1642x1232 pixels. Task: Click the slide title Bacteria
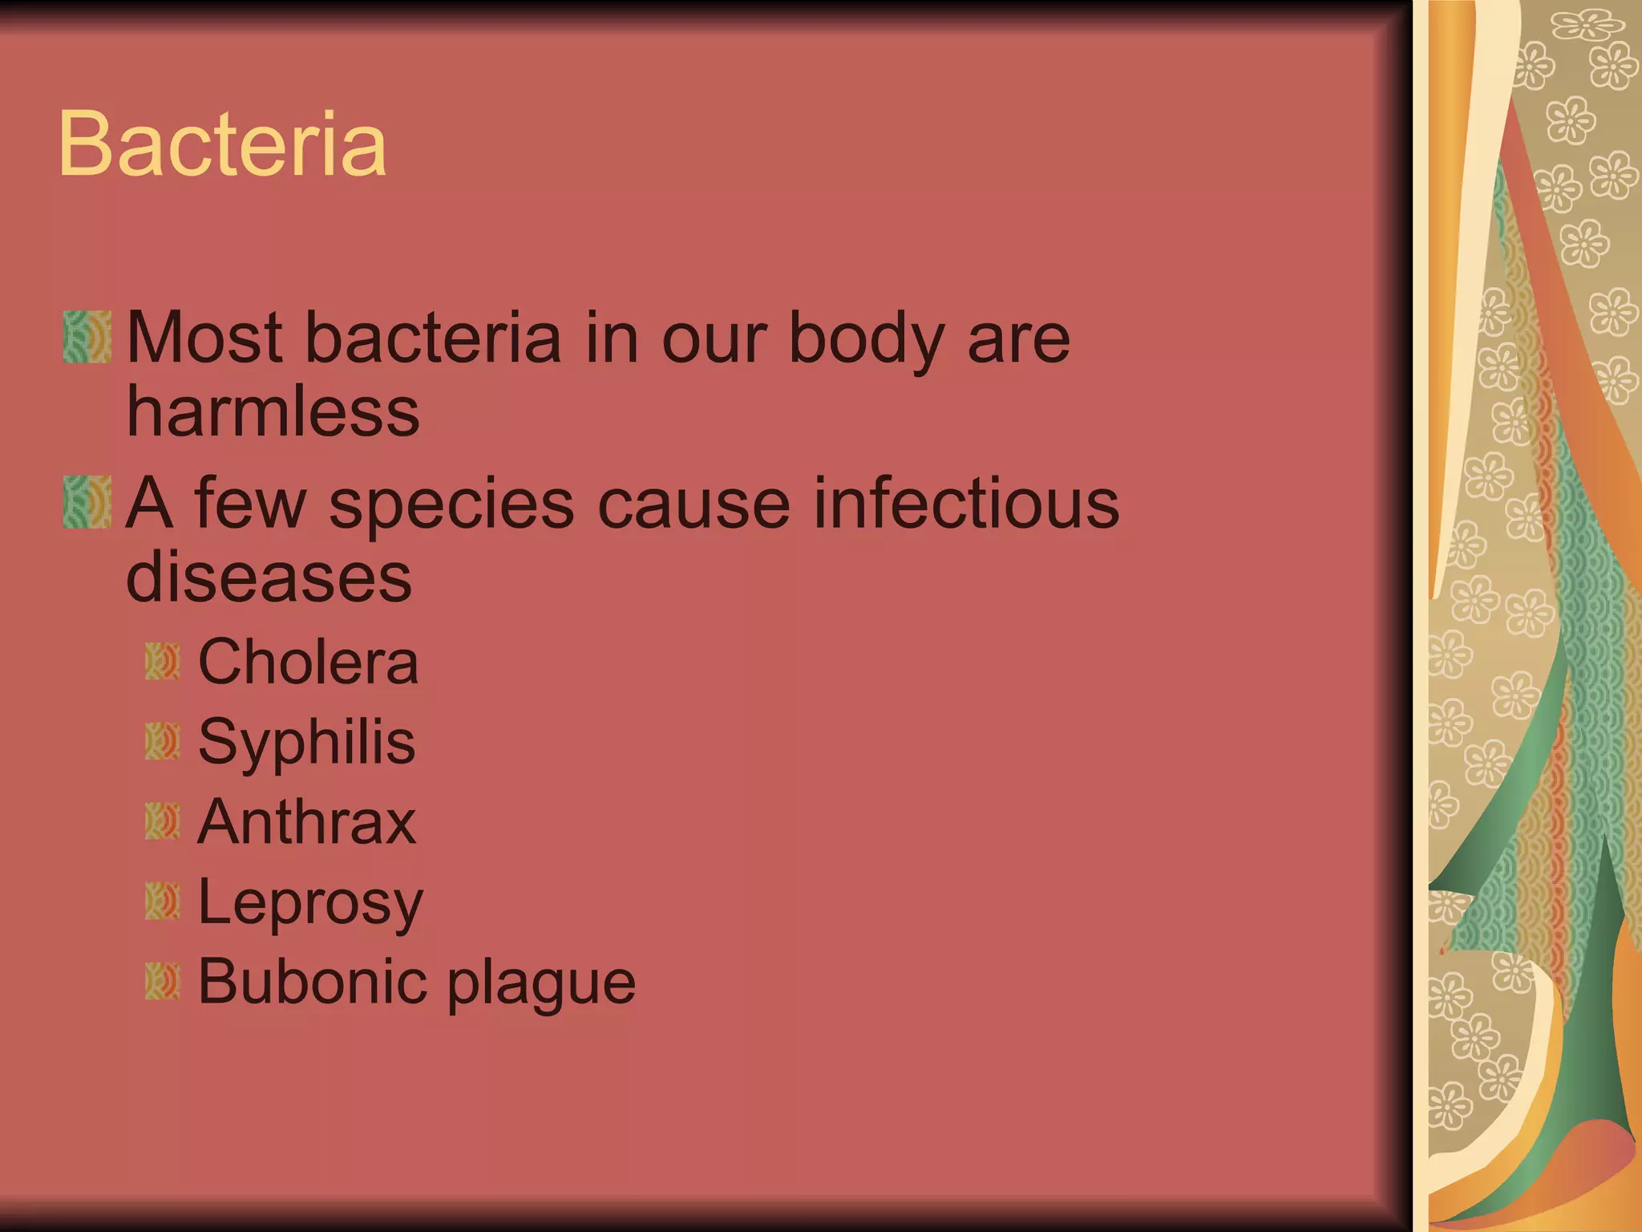222,144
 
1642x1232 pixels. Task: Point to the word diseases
269,577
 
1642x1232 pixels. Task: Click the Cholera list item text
308,663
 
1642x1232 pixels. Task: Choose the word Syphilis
306,742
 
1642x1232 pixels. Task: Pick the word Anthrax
306,822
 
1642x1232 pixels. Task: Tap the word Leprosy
309,903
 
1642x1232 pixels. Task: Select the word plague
541,983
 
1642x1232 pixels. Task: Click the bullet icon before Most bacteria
87,337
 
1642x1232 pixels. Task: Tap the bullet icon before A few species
87,502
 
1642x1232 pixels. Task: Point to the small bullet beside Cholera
162,662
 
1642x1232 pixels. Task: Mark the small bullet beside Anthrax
162,821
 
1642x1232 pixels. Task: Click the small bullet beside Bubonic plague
162,981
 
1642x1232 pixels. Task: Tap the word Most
204,338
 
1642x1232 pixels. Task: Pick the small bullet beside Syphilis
162,741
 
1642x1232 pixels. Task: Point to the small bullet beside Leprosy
162,901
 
